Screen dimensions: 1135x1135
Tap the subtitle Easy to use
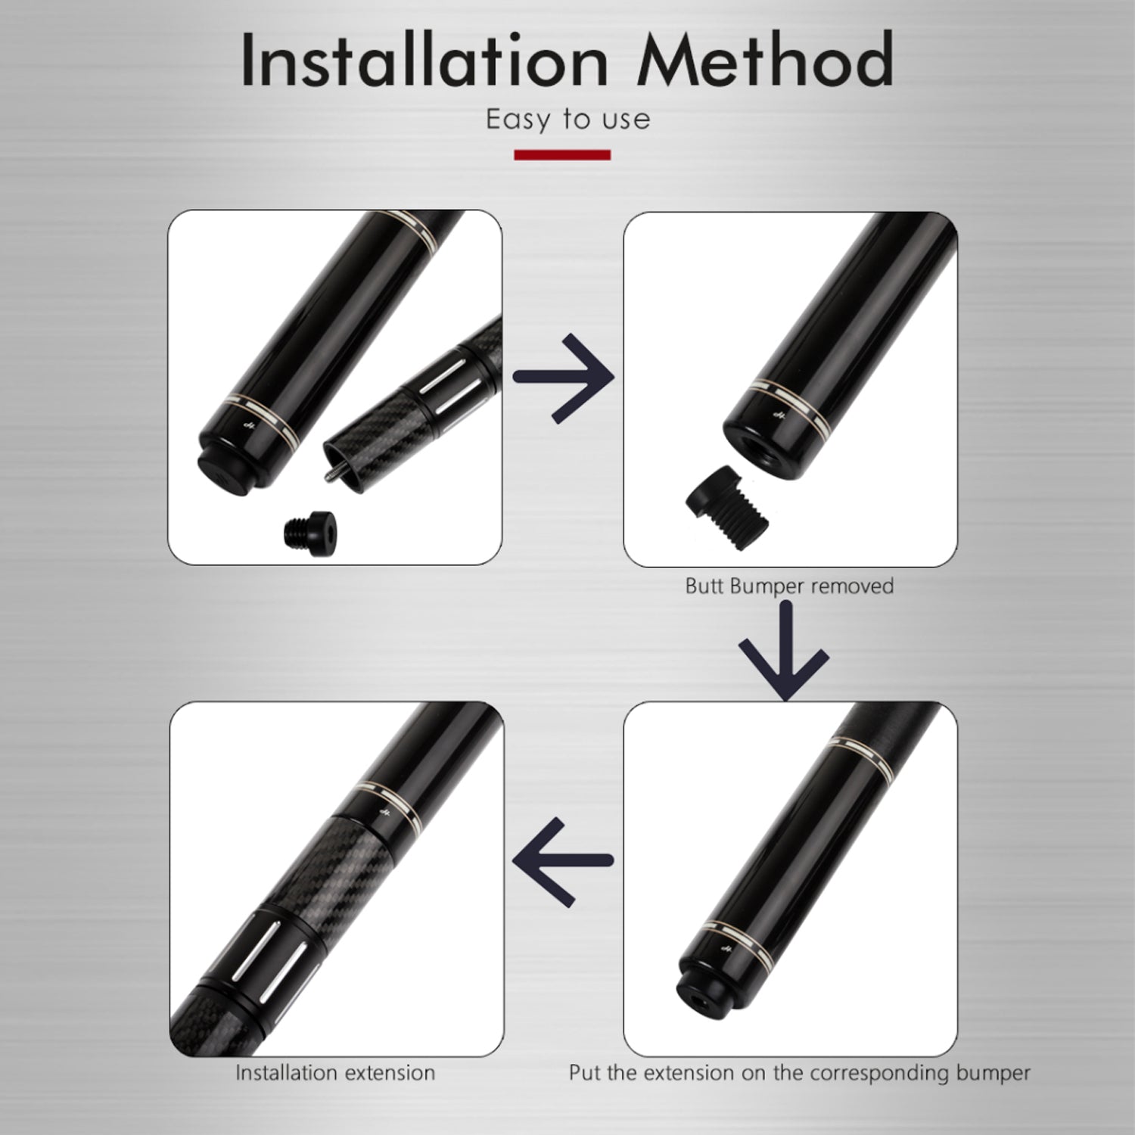tap(568, 120)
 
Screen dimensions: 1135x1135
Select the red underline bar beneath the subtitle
tap(562, 155)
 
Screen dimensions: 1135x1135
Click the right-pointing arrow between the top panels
tap(563, 376)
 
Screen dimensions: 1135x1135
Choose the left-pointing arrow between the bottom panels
tap(563, 861)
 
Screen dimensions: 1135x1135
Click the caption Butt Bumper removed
tap(789, 586)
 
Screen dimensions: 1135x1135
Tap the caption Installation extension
tap(335, 1073)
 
